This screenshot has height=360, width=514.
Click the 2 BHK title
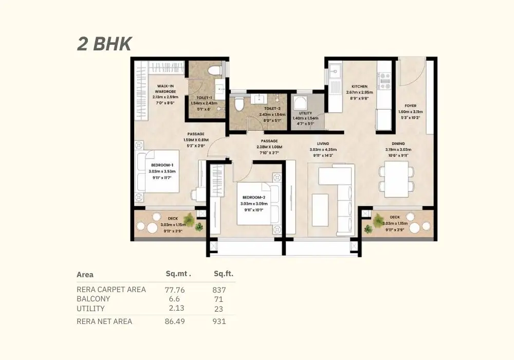tap(104, 44)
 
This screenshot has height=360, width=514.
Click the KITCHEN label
tap(359, 86)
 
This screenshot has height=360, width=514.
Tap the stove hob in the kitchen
tap(384, 79)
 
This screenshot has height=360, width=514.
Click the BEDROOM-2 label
tap(254, 197)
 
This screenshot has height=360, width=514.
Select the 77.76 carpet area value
tap(175, 290)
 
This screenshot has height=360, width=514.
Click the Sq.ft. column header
tap(223, 274)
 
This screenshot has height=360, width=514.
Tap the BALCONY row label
tap(94, 299)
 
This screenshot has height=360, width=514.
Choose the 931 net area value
tap(219, 321)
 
